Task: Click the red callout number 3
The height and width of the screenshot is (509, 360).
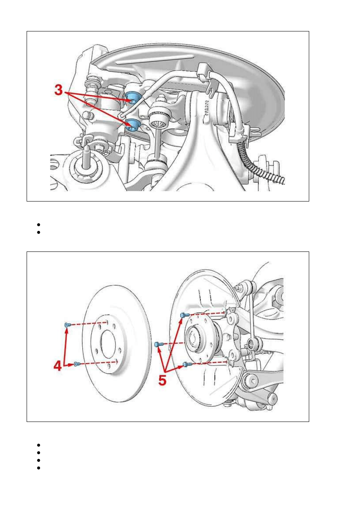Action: (x=58, y=90)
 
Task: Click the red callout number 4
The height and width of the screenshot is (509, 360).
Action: (x=58, y=366)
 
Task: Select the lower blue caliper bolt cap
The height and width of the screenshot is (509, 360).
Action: (x=133, y=125)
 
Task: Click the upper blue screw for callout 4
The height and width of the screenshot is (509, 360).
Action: (x=67, y=324)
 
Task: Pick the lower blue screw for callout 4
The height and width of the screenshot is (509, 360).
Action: (x=77, y=364)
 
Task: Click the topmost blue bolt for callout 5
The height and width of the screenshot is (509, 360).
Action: (x=185, y=315)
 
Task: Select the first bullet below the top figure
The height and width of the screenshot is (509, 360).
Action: (x=38, y=225)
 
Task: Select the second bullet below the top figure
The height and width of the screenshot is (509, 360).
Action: (x=38, y=233)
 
